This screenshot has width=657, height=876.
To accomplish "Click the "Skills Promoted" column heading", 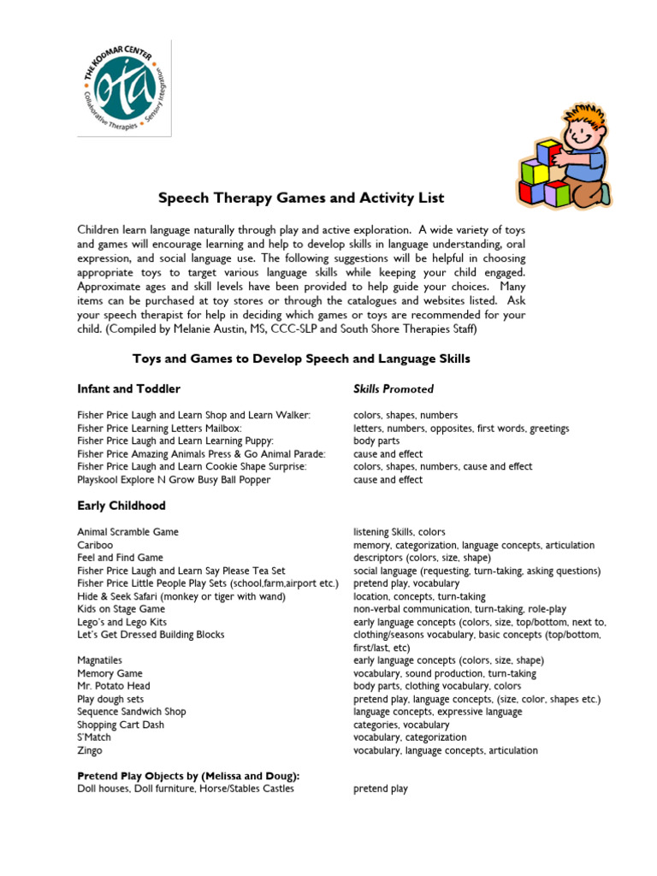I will pos(394,389).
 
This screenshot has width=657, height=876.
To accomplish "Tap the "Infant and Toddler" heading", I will pos(128,389).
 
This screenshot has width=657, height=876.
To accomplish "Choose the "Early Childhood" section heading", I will pos(121,506).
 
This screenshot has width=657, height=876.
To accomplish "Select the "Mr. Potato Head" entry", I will pos(113,686).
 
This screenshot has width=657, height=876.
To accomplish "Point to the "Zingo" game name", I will pos(89,750).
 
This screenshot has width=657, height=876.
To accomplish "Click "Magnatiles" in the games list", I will pos(99,660).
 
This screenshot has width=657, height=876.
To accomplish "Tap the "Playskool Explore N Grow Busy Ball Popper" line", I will pos(174,480).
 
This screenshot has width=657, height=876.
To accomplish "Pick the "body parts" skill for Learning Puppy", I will pos(376,441).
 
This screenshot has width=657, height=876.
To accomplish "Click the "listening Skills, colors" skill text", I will pos(400,532).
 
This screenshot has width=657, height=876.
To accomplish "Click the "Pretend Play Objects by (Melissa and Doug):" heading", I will pos(188,776).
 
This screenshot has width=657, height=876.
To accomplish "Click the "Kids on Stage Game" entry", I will pos(121,609).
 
